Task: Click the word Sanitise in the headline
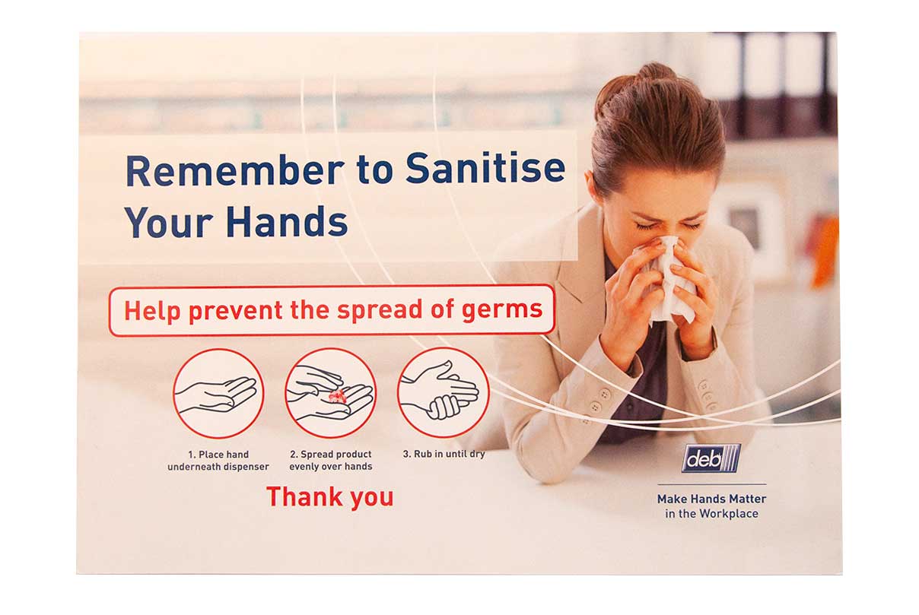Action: click(485, 169)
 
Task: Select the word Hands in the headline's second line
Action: click(287, 221)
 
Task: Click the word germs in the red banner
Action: click(502, 310)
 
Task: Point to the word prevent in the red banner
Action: click(236, 312)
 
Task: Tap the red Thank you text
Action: click(330, 497)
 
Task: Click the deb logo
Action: click(711, 458)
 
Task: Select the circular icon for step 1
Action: click(218, 394)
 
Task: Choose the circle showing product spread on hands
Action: click(331, 393)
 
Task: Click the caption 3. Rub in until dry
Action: click(444, 454)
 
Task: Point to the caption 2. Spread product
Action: click(331, 455)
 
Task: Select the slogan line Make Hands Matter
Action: click(711, 499)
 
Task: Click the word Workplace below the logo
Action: click(729, 514)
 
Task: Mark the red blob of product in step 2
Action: click(337, 396)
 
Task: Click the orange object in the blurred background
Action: click(825, 250)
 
